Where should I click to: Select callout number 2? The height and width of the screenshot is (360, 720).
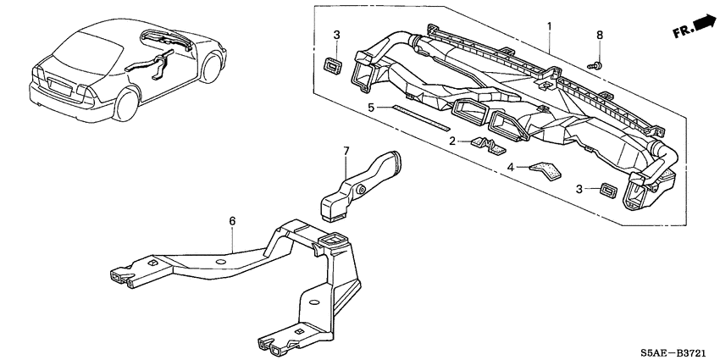pyautogui.click(x=453, y=141)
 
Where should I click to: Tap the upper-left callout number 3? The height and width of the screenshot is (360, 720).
pyautogui.click(x=336, y=35)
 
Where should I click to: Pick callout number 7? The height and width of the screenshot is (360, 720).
pyautogui.click(x=346, y=151)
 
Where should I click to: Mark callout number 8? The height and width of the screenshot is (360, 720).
pyautogui.click(x=601, y=36)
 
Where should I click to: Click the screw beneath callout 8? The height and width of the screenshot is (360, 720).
pyautogui.click(x=596, y=63)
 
